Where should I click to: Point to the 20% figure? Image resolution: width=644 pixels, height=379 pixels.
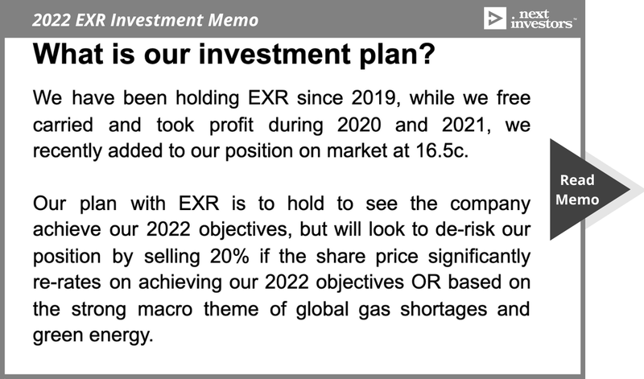(229, 256)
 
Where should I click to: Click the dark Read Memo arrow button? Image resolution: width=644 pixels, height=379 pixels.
(583, 189)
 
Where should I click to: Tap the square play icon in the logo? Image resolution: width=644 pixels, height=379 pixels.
(495, 19)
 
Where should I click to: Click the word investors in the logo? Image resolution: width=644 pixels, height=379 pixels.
(542, 24)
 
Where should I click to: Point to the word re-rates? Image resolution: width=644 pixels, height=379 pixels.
(67, 282)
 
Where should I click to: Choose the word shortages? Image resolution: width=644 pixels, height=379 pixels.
(444, 310)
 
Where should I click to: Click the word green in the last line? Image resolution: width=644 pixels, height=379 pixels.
(57, 336)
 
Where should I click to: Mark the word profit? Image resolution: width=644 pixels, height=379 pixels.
(231, 125)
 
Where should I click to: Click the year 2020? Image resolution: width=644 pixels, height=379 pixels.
(359, 125)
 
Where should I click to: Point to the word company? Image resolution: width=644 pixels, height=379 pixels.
(490, 204)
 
